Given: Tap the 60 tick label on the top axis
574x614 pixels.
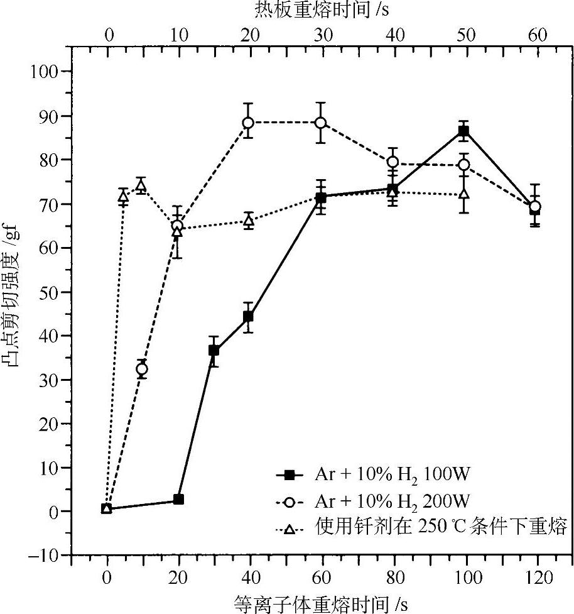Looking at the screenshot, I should tap(537, 35).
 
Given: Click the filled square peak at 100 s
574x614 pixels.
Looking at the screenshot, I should tap(463, 131).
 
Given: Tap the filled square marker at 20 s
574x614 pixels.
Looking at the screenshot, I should tap(178, 500).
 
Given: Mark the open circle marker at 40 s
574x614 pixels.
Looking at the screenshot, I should tap(249, 122).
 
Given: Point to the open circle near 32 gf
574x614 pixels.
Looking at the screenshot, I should tap(142, 369).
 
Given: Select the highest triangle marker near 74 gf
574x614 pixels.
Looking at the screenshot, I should tap(141, 185).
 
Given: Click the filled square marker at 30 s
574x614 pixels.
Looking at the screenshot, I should tap(214, 350).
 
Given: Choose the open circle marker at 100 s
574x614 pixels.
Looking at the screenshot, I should tap(464, 165).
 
